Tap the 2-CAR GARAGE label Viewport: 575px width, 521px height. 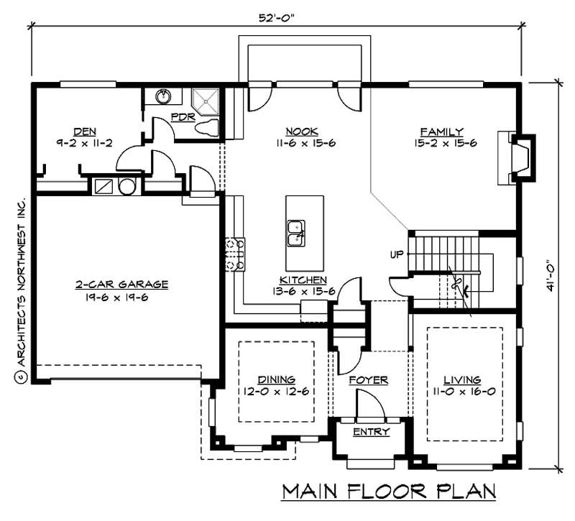coord(111,285)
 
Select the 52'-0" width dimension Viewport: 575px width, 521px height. coord(277,17)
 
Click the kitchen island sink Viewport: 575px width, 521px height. coord(295,229)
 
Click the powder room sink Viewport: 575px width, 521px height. coord(163,96)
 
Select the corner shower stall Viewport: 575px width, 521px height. coord(206,101)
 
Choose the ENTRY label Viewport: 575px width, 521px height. coord(371,432)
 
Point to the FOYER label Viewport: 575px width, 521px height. coord(368,380)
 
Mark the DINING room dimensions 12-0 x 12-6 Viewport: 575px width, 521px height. coord(276,392)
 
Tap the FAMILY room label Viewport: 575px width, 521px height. coord(441,132)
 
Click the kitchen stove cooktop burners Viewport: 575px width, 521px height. coord(236,255)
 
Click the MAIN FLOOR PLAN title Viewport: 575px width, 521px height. coord(388,492)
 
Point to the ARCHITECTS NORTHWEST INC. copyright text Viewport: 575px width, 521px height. coord(20,287)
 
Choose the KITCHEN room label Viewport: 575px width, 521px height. coord(303,280)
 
